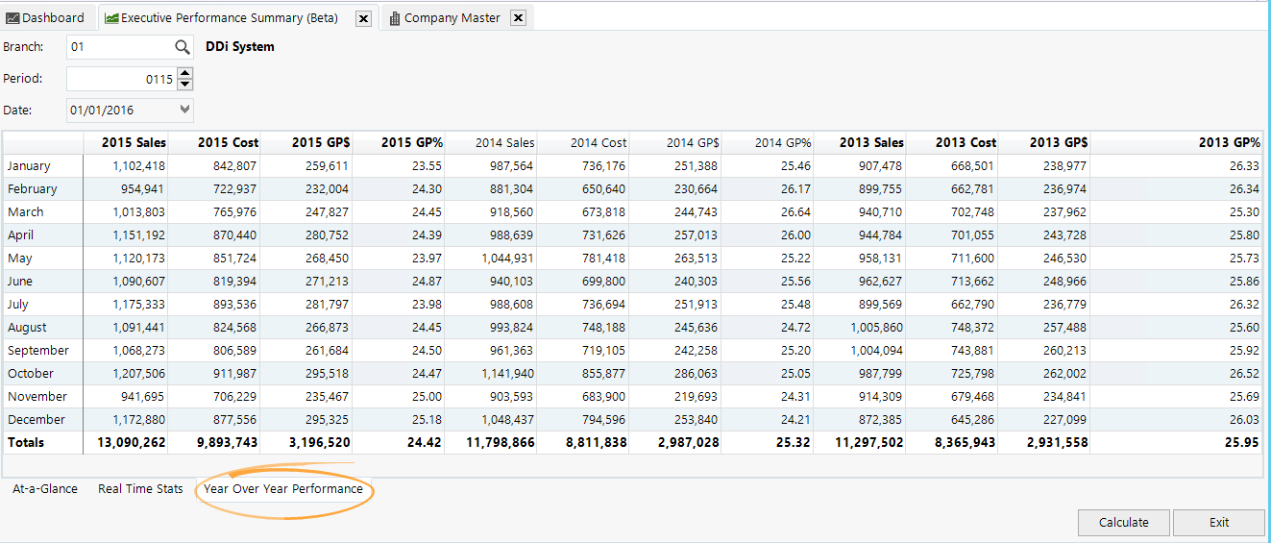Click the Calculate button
(1123, 523)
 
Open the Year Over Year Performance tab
(283, 489)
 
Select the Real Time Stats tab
(140, 489)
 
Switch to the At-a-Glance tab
(45, 489)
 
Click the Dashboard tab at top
(45, 17)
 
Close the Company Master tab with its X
(517, 18)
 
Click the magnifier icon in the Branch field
(183, 46)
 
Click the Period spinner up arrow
(185, 73)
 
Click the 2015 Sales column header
(134, 142)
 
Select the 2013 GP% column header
(1229, 142)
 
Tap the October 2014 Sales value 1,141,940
(501, 374)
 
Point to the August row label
(27, 328)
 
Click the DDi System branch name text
(240, 46)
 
